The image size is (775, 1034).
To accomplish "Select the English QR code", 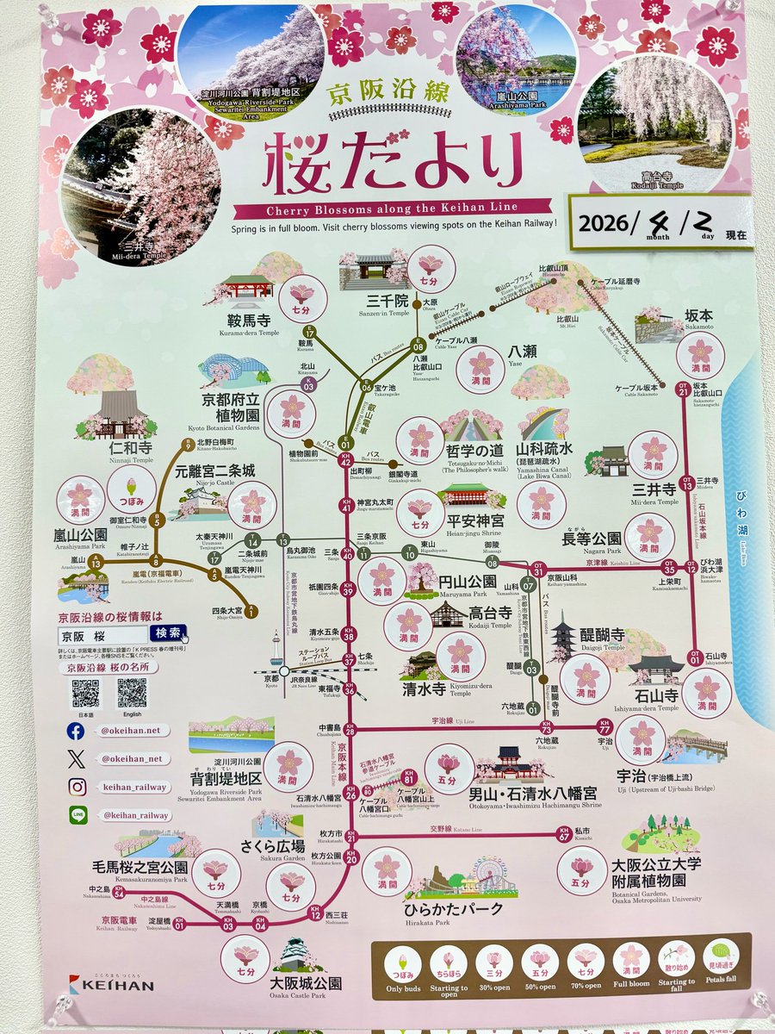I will [132, 693].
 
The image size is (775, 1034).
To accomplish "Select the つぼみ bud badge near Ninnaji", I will [132, 489].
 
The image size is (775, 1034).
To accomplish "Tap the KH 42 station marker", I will [346, 461].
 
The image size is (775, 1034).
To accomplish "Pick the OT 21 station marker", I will [684, 390].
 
